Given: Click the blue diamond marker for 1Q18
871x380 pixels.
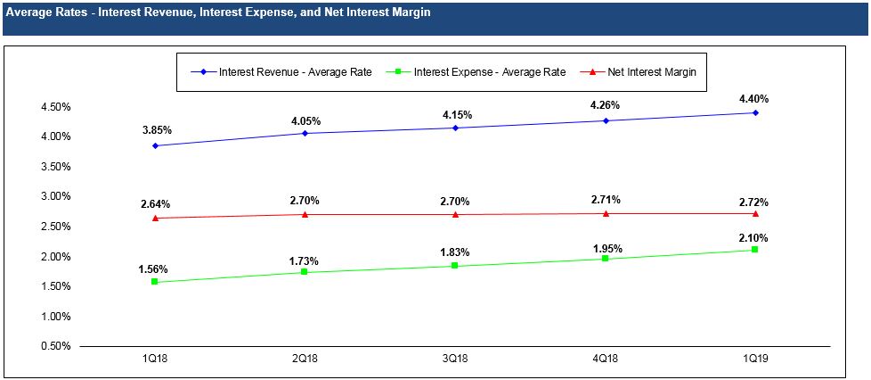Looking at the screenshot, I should coord(156,145).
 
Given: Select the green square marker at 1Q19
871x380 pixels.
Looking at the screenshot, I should coord(755,250).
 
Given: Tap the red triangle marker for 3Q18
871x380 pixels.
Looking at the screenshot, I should coord(455,214).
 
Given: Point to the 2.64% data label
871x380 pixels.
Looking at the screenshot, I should coord(156,204).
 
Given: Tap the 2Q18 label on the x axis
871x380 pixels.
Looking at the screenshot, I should coord(305,358).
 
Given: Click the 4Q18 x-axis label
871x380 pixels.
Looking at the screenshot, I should coord(606,358).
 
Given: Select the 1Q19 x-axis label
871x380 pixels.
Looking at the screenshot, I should coord(755,358).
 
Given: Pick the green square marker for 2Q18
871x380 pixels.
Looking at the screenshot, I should coord(305,271).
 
